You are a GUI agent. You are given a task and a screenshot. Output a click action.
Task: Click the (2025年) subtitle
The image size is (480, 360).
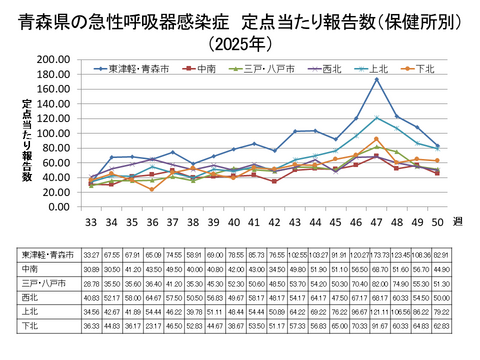click(239, 44)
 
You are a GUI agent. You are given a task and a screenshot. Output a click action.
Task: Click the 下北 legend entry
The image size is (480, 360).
click(425, 69)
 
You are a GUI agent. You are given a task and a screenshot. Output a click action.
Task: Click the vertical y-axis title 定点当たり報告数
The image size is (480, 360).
click(27, 140)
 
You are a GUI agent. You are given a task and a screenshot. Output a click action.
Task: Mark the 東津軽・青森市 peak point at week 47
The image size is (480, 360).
click(375, 79)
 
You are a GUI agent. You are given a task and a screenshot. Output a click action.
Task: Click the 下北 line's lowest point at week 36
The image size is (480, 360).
click(152, 189)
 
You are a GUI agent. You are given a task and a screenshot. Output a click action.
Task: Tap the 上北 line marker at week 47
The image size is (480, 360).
click(375, 117)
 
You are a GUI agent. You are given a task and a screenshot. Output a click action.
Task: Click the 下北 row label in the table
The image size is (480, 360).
click(30, 326)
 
